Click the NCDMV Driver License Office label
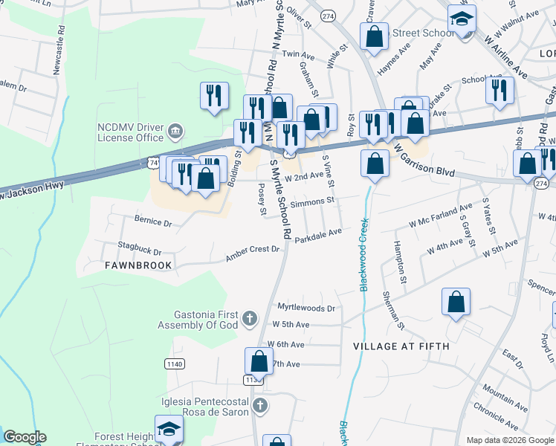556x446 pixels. coord(130,132)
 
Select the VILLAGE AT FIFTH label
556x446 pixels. coord(401,346)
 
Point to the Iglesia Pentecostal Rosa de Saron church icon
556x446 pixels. coord(259,406)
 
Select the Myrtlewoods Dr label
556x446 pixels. coord(306,307)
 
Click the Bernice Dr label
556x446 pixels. coord(153,222)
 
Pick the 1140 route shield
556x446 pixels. coord(174,363)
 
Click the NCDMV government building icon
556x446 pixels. coord(175,132)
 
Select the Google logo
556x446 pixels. coord(25,437)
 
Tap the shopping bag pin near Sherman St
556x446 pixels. coord(456,301)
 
